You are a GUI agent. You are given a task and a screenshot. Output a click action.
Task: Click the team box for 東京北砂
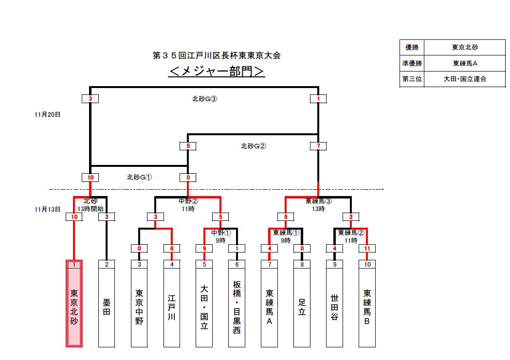74,307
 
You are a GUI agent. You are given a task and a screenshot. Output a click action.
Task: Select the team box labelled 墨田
107,307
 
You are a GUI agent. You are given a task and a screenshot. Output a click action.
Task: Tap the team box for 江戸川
172,307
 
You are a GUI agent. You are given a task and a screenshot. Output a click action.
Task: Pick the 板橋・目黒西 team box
237,307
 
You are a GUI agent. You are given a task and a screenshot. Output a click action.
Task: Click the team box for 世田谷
334,307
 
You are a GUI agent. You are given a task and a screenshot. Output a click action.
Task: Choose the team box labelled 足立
302,307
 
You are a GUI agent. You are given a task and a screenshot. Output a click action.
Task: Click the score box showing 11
367,249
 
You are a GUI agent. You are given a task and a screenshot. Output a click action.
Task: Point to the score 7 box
318,146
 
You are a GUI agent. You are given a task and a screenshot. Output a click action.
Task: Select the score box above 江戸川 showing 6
172,249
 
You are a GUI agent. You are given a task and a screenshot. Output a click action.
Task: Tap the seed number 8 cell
302,264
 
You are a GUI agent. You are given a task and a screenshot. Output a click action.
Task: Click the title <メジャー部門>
217,72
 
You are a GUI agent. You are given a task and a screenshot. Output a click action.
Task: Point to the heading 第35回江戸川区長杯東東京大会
217,55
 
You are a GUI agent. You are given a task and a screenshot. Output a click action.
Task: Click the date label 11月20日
48,115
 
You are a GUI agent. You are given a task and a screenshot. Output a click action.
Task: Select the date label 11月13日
48,209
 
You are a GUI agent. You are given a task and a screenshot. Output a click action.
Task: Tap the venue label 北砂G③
204,99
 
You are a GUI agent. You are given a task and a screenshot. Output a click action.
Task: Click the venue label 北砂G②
253,146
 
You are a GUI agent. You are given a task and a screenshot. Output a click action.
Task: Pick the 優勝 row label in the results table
412,48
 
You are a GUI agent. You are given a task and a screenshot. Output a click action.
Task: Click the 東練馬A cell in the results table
464,63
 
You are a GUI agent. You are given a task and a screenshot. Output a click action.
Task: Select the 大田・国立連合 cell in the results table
464,78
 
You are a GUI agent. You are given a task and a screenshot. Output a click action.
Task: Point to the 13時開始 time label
91,208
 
